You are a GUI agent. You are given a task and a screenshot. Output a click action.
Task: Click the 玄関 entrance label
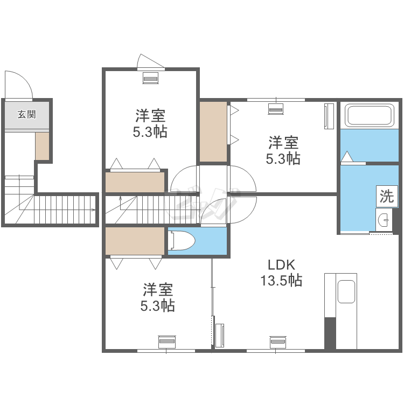[x=26, y=114]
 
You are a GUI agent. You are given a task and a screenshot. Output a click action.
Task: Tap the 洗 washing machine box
[x=387, y=196]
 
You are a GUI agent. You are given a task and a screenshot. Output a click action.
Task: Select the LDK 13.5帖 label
[x=281, y=273]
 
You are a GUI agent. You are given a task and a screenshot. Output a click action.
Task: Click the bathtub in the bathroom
[x=370, y=115]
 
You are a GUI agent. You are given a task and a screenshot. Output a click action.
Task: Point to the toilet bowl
[x=182, y=241]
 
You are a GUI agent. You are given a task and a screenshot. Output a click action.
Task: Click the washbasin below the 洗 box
[x=384, y=220]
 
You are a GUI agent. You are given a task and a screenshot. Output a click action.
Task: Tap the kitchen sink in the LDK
[x=346, y=291]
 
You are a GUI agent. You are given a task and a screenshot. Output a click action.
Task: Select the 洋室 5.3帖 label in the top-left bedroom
[x=150, y=123]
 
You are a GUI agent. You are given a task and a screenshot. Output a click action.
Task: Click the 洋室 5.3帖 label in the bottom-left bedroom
[x=158, y=297]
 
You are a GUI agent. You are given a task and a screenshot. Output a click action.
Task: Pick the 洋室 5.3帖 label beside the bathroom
[x=283, y=150]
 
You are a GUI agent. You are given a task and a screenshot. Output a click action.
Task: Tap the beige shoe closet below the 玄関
[x=42, y=146]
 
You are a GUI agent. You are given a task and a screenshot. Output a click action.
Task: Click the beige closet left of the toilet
[x=135, y=241]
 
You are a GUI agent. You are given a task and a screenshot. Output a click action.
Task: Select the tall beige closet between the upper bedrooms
[x=213, y=131]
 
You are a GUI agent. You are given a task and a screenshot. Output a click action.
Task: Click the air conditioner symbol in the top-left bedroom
[x=150, y=78]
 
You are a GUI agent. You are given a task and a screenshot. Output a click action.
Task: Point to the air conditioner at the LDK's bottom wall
[x=278, y=342]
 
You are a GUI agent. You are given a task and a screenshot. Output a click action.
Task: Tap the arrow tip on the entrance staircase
[x=95, y=210]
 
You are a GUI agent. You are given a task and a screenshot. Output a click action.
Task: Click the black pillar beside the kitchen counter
[x=330, y=333]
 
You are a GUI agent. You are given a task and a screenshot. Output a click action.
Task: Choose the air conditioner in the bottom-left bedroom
[x=167, y=342]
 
